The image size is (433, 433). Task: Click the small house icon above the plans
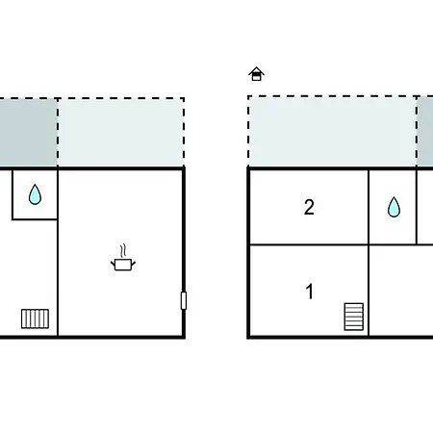[256, 74]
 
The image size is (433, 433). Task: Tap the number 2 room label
[309, 207]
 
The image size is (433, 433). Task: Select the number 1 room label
[310, 292]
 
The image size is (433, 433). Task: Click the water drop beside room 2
[394, 207]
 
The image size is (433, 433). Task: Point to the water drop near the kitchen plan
[35, 194]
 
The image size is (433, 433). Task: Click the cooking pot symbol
[123, 265]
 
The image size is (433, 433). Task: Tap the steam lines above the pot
[123, 250]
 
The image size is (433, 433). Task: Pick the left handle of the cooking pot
[113, 264]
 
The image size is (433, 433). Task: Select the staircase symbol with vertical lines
[35, 318]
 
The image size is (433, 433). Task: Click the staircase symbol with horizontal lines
[354, 317]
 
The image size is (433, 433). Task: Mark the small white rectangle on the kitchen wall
[184, 300]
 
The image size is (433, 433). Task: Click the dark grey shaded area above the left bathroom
[28, 132]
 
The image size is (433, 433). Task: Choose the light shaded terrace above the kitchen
[121, 132]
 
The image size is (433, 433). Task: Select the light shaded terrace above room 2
[333, 132]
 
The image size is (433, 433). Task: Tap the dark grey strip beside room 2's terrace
[425, 132]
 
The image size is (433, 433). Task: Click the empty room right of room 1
[401, 291]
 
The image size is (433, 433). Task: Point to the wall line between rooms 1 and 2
[309, 245]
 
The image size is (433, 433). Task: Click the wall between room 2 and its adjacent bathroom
[369, 207]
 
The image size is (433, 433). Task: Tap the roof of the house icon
[256, 70]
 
